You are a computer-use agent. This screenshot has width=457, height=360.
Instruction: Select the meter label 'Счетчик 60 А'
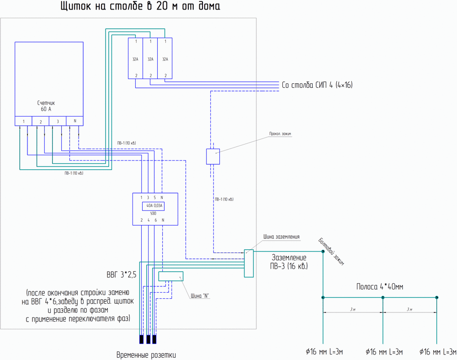pos(46,106)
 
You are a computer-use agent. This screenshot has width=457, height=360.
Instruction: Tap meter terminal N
pos(74,121)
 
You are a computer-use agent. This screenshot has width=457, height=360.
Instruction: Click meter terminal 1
pos(23,121)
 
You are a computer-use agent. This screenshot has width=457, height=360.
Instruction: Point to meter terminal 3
pos(58,121)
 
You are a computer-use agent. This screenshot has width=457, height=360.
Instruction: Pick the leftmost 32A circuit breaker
pos(135,59)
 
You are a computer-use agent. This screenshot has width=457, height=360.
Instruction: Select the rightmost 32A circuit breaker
pos(165,59)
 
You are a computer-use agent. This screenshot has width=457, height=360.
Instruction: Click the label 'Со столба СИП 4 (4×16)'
pos(317,85)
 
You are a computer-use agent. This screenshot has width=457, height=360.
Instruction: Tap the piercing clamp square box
pos(213,156)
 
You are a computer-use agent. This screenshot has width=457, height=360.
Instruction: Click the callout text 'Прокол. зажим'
pos(280,134)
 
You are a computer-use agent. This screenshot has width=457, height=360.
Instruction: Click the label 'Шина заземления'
pos(281,237)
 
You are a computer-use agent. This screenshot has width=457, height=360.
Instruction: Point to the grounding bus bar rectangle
pos(249,263)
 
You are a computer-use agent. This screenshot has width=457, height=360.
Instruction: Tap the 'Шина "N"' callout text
pos(200,296)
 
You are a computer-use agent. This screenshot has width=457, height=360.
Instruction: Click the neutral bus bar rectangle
pos(170,276)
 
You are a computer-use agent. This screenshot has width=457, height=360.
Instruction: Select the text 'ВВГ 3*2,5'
pos(118,275)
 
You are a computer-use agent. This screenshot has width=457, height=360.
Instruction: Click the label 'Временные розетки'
pos(146,355)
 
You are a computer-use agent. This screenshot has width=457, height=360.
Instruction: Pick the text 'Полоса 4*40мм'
pos(379,287)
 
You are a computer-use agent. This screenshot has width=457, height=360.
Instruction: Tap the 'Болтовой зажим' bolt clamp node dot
pos(323,252)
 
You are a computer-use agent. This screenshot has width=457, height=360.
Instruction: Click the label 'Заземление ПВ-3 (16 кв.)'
pos(290,262)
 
